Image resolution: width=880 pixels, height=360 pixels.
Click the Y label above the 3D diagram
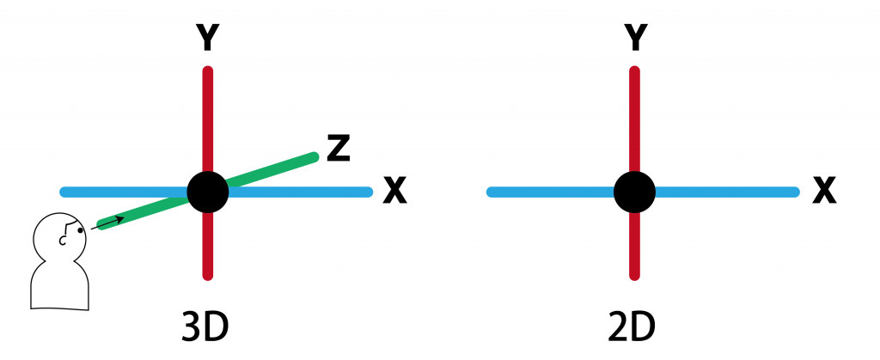207,37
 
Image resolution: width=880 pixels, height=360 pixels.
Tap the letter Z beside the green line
339,148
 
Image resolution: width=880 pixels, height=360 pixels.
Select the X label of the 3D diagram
394,192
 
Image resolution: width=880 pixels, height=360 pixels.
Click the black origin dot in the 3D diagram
207,192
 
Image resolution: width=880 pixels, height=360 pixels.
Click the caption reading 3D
206,327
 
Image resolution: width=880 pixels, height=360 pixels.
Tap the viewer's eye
80,229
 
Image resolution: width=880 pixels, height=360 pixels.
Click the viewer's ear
63,241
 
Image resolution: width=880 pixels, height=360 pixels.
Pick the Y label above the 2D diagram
635,37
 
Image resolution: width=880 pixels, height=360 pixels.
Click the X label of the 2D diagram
824,192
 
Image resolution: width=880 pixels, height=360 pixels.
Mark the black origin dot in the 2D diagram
635,192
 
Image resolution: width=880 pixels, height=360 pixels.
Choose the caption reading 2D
633,327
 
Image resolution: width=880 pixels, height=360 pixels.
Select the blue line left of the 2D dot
550,192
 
